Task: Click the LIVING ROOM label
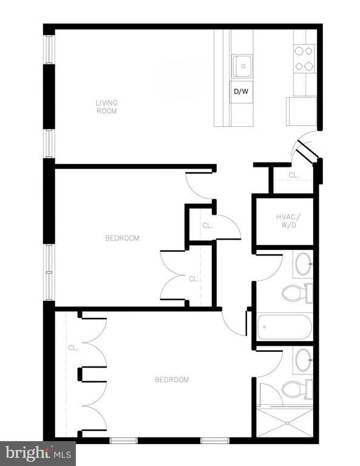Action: tap(106, 107)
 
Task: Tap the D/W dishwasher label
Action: tap(241, 92)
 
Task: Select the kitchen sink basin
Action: tap(242, 66)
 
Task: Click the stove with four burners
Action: tap(304, 59)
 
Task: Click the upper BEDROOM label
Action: tap(122, 238)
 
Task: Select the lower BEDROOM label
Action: tap(172, 380)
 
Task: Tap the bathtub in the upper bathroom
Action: tap(284, 328)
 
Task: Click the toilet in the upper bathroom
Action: tap(296, 293)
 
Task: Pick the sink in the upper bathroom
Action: tap(302, 264)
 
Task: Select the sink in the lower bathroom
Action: tap(302, 360)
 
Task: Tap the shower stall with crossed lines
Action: tap(285, 422)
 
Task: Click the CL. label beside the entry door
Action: tap(294, 175)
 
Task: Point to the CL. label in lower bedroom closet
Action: tap(73, 348)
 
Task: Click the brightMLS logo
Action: tap(38, 453)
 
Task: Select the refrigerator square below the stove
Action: tap(301, 111)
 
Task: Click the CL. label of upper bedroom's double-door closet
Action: tap(194, 279)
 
